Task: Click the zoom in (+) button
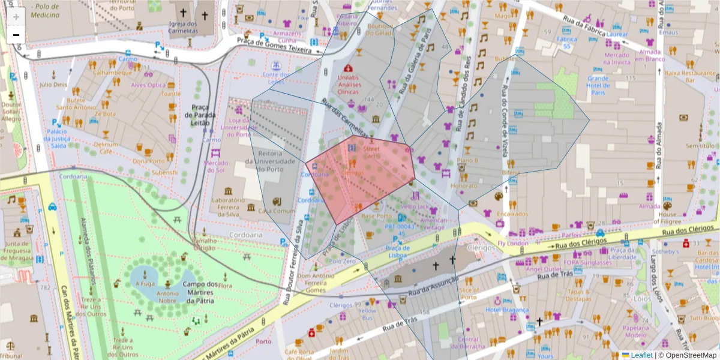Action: coord(16,16)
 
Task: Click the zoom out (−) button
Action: coord(16,35)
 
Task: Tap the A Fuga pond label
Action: coord(145,284)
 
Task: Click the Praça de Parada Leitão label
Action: coord(199,112)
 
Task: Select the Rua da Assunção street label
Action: coord(432,287)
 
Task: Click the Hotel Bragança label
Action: coord(507,310)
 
